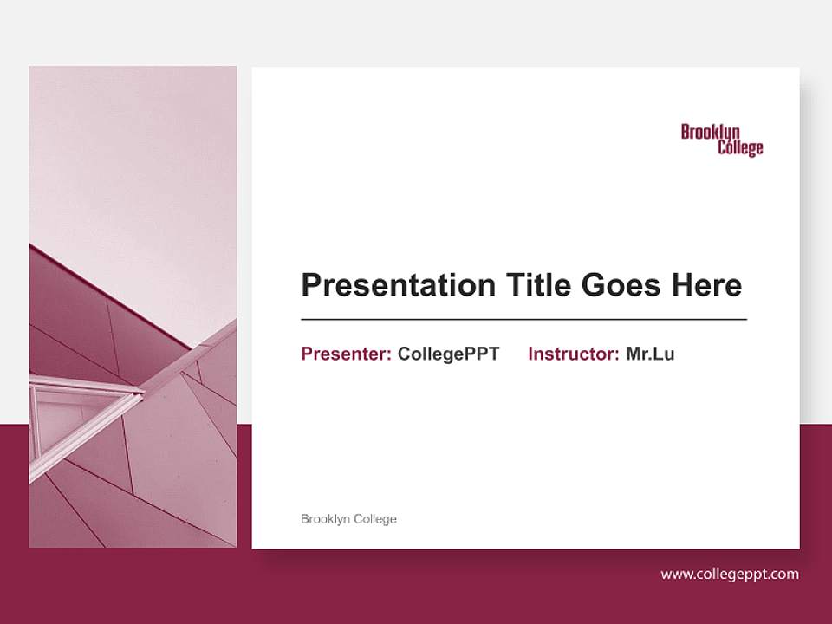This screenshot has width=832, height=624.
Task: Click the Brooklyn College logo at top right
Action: tap(722, 140)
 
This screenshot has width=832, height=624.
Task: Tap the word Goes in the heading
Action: tap(621, 285)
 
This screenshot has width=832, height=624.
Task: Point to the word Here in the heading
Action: tap(706, 285)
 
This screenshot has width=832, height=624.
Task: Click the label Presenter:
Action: tap(346, 354)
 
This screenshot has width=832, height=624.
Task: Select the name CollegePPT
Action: tap(448, 354)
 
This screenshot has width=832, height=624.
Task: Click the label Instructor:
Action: tap(573, 354)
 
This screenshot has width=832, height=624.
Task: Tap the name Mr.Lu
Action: tap(650, 354)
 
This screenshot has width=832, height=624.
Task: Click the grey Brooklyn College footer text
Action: tap(348, 519)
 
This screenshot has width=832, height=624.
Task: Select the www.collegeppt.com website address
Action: tap(730, 574)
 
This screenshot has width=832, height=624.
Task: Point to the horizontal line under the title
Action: tap(523, 320)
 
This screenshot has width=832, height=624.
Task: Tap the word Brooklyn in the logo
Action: tap(710, 132)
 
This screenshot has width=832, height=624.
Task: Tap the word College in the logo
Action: tap(740, 148)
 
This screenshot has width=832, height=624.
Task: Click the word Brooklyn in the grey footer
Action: tap(326, 519)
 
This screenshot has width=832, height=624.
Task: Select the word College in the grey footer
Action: tap(375, 519)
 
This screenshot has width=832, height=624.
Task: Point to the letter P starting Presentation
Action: tap(310, 285)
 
